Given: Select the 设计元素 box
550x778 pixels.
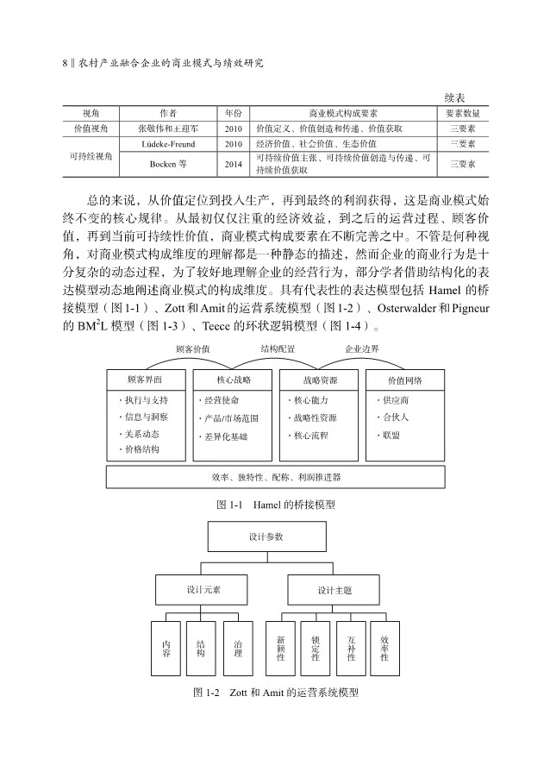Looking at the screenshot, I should click(203, 591).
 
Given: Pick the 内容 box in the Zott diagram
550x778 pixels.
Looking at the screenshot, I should click(166, 648).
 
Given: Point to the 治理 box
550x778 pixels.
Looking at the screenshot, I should click(238, 648).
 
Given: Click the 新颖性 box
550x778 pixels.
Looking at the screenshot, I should click(281, 648).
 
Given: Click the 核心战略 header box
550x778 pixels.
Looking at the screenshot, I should click(234, 379).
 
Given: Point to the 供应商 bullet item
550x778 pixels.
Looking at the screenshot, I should click(394, 400).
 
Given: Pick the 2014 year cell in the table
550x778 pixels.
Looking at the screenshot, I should click(233, 163).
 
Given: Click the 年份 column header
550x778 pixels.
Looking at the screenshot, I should click(233, 113).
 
